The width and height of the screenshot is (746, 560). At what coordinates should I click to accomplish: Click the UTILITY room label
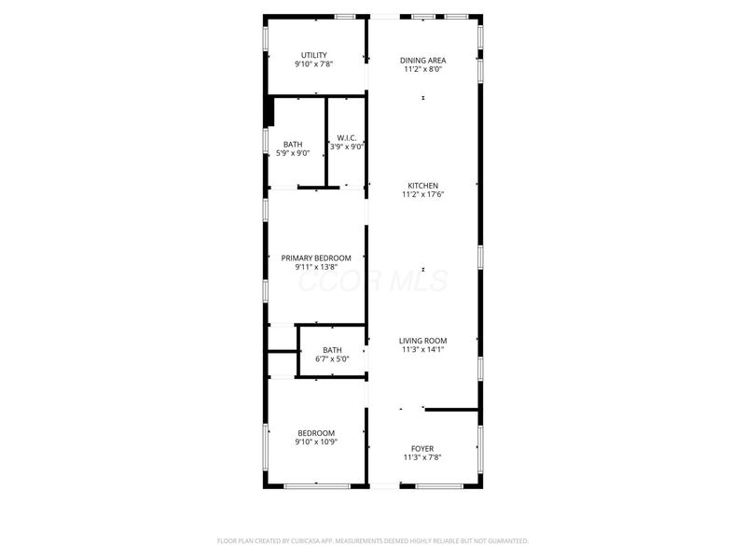coord(313,54)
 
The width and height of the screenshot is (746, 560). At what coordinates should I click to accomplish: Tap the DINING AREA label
coord(422,60)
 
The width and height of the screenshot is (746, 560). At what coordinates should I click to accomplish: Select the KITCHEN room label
coord(422,185)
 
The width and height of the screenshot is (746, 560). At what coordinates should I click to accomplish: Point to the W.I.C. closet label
coord(347,137)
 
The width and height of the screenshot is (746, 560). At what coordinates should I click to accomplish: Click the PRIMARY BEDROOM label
coord(316,258)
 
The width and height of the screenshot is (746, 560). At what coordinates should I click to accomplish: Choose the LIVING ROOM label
coord(423,341)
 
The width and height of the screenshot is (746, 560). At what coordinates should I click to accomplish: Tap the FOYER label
coord(422,448)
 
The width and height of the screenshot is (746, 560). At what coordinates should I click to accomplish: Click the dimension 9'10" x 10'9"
coord(316,441)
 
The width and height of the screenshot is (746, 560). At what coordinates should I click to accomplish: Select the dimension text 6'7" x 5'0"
coord(332,358)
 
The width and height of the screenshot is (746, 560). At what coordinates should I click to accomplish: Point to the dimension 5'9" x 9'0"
coord(293,153)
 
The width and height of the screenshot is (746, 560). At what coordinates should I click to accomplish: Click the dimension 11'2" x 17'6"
coord(422,194)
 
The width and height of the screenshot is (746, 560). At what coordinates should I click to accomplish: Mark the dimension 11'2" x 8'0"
coord(422,69)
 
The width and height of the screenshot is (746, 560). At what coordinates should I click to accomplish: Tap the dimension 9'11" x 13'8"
coord(316,267)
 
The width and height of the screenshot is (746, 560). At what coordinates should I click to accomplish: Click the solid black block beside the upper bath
coord(269,111)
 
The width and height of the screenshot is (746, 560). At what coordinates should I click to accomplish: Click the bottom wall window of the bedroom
coord(316,485)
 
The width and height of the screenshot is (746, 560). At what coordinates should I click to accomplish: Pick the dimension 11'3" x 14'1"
coord(423,350)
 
